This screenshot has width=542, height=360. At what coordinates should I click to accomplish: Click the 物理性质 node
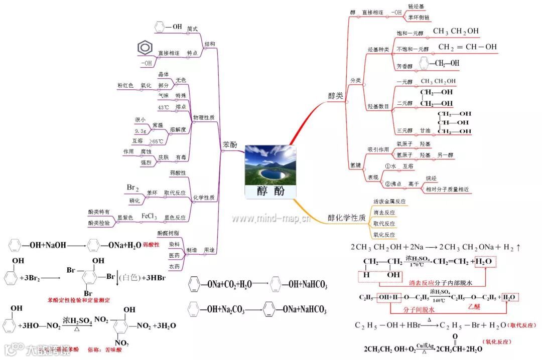click(204, 117)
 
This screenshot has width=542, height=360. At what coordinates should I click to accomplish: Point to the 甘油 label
click(425, 131)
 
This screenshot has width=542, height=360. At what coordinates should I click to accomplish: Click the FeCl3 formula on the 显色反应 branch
click(149, 216)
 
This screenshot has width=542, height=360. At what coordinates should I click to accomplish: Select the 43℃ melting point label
click(164, 107)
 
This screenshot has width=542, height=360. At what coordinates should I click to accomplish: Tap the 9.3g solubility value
click(141, 130)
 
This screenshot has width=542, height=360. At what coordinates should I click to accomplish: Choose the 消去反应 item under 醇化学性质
click(384, 213)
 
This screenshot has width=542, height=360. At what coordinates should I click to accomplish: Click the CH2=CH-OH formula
click(467, 47)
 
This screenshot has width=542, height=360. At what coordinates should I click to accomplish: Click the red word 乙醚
click(474, 306)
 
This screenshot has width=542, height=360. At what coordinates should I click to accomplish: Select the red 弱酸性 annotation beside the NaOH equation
click(151, 245)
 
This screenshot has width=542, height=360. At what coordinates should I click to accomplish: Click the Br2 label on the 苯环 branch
click(132, 188)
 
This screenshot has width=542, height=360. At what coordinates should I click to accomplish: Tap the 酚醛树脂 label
click(168, 233)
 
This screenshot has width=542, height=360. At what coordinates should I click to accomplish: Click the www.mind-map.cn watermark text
click(270, 219)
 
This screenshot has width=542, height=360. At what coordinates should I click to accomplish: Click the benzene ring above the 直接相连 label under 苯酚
click(145, 48)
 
